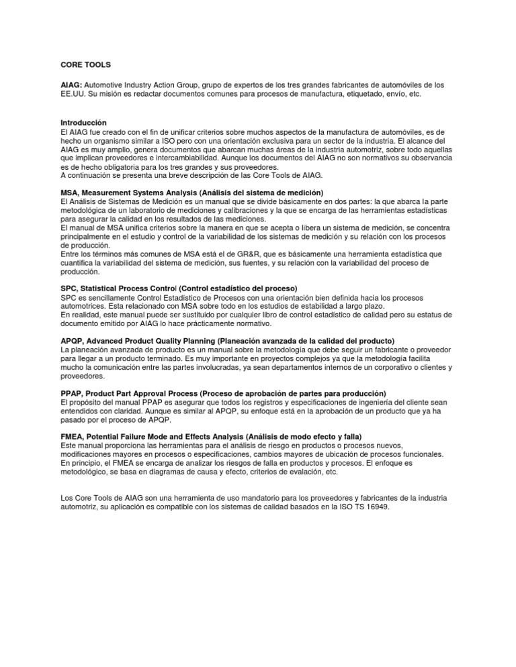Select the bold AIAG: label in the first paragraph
pyautogui.click(x=71, y=85)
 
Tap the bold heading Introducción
pyautogui.click(x=83, y=123)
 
